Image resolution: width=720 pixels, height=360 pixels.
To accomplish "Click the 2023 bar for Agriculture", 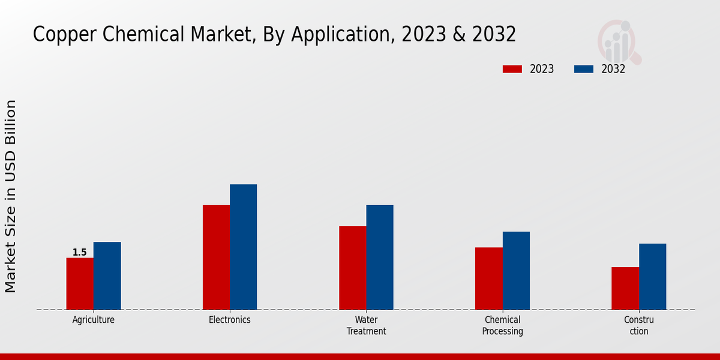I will point(80,284).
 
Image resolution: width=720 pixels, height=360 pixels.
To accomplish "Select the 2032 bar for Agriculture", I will point(107,276).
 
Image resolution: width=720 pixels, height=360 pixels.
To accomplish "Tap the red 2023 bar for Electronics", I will point(216,257).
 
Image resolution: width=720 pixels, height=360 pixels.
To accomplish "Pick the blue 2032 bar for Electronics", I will point(243,247).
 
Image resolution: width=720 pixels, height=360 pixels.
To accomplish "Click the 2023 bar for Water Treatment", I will point(352,268).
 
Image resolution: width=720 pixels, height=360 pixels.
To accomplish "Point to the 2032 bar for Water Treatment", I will point(380,257).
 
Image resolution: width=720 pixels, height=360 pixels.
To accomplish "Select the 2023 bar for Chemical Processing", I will point(488,278).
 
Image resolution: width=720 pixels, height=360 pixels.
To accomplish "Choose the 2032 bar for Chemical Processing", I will point(516,271).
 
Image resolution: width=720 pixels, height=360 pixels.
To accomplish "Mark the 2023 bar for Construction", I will point(625,289).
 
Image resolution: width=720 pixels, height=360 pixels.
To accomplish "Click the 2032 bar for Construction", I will point(652,277).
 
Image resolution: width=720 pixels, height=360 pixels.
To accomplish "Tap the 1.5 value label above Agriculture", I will point(80,253).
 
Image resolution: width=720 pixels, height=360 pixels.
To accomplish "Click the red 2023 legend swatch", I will point(512,69).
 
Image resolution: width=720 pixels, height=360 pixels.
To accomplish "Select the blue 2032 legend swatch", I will point(584,69).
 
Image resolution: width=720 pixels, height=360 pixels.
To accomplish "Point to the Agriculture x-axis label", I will point(94,320).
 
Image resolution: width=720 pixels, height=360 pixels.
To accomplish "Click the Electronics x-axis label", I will point(230,320).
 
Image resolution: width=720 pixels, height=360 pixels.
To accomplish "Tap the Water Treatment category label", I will point(366,325).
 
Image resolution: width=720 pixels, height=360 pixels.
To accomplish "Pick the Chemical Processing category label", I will point(503,325).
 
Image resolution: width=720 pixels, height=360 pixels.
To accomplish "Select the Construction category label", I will point(639,325).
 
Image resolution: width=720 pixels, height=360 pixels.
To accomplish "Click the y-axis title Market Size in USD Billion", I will point(11,196).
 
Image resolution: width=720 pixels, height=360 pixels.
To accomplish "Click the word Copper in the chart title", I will point(65,35).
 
